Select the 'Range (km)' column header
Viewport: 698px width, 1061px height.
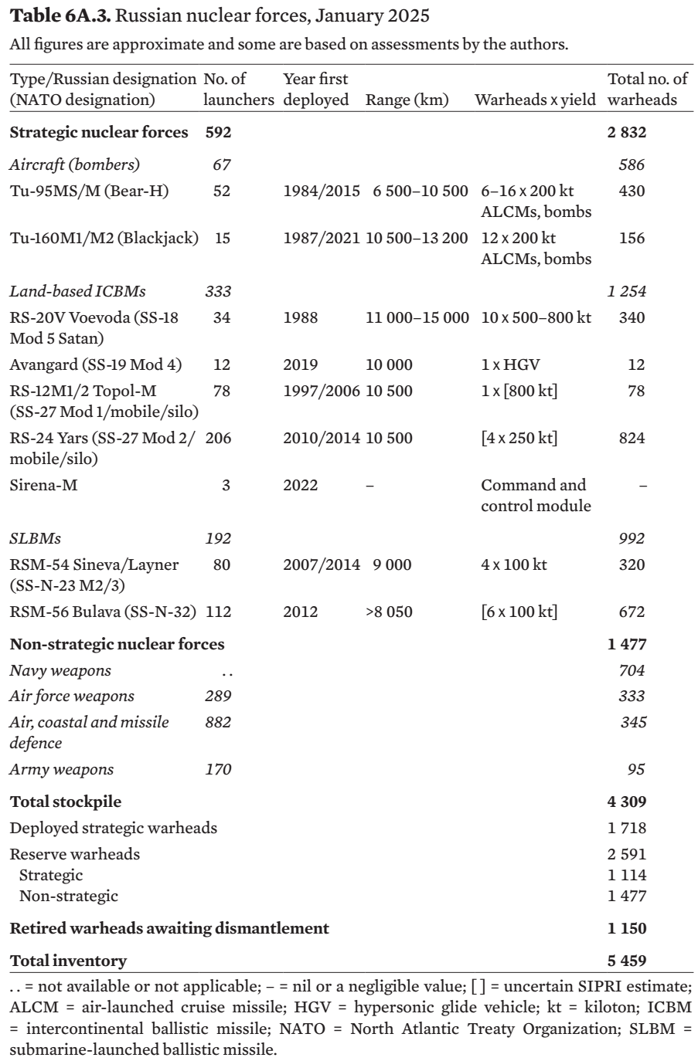(x=407, y=100)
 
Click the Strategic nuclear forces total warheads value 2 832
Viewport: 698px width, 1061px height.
(x=627, y=133)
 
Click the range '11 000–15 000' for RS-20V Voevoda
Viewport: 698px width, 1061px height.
(x=417, y=317)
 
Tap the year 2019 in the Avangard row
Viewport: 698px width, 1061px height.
(x=301, y=365)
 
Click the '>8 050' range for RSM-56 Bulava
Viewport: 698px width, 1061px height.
(x=389, y=612)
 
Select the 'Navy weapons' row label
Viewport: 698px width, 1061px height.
(x=60, y=670)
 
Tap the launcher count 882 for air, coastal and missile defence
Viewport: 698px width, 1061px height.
(x=218, y=722)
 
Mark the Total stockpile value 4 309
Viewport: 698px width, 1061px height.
(x=627, y=802)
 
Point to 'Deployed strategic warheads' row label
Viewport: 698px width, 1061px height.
(x=113, y=828)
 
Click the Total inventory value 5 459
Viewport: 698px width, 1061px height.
(x=627, y=961)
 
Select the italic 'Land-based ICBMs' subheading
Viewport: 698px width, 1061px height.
(x=77, y=291)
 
